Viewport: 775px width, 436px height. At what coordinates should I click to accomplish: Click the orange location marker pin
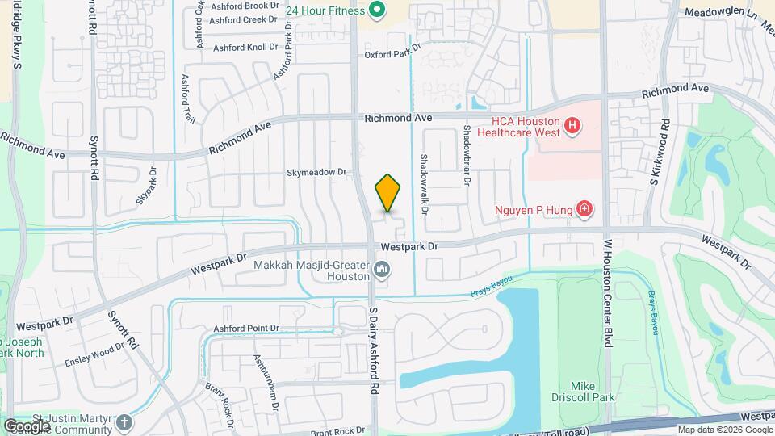tap(388, 193)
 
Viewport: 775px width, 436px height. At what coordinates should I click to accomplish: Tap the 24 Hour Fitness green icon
tap(376, 10)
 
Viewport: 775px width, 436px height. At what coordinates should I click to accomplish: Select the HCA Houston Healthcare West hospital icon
tap(572, 125)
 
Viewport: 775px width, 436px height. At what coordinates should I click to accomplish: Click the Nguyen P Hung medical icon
tap(584, 210)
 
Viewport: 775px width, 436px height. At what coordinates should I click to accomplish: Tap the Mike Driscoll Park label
tap(593, 392)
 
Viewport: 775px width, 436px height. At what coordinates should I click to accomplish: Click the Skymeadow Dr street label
tap(316, 172)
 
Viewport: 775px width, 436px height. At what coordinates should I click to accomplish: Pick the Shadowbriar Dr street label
tap(467, 153)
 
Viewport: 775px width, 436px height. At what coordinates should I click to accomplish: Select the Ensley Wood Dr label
tap(94, 353)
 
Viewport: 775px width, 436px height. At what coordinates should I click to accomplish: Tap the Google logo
tap(27, 426)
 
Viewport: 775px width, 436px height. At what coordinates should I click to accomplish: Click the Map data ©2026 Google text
tap(725, 430)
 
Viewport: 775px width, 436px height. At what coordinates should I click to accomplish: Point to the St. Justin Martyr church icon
tap(124, 421)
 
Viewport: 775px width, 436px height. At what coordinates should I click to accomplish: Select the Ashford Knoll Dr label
tap(245, 48)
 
